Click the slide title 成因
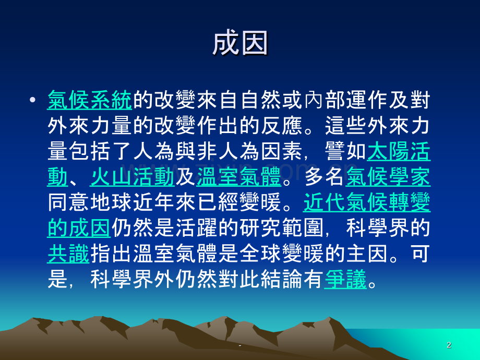pos(240,43)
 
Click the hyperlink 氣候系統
pos(90,100)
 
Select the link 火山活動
pos(132,177)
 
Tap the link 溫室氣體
pos(239,177)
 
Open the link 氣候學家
pos(388,177)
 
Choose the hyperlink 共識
pos(68,254)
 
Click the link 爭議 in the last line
pos(345,279)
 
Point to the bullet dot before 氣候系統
pos(32,100)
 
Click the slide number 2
pos(449,345)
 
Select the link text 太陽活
pos(399,151)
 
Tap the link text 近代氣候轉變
pos(367,202)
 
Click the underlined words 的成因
pos(79,228)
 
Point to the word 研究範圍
pos(281,228)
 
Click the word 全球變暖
pos(281,254)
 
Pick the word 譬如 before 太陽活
pos(345,151)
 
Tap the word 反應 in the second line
pos(281,126)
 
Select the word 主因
pos(367,254)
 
